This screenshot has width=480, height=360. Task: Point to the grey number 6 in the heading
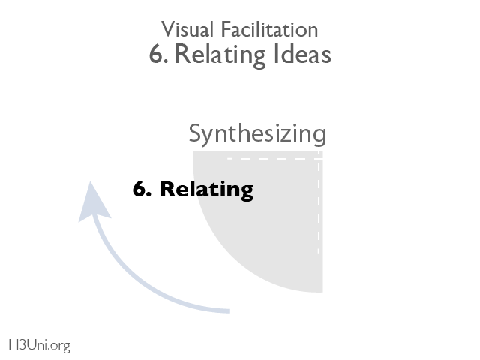coord(155,55)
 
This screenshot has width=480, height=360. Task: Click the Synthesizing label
coord(257,134)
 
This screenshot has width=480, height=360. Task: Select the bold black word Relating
coord(207,190)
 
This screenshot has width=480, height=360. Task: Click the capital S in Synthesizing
coord(195,134)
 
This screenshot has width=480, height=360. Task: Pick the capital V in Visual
coord(167,30)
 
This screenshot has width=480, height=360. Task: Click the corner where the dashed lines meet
coord(319,159)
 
